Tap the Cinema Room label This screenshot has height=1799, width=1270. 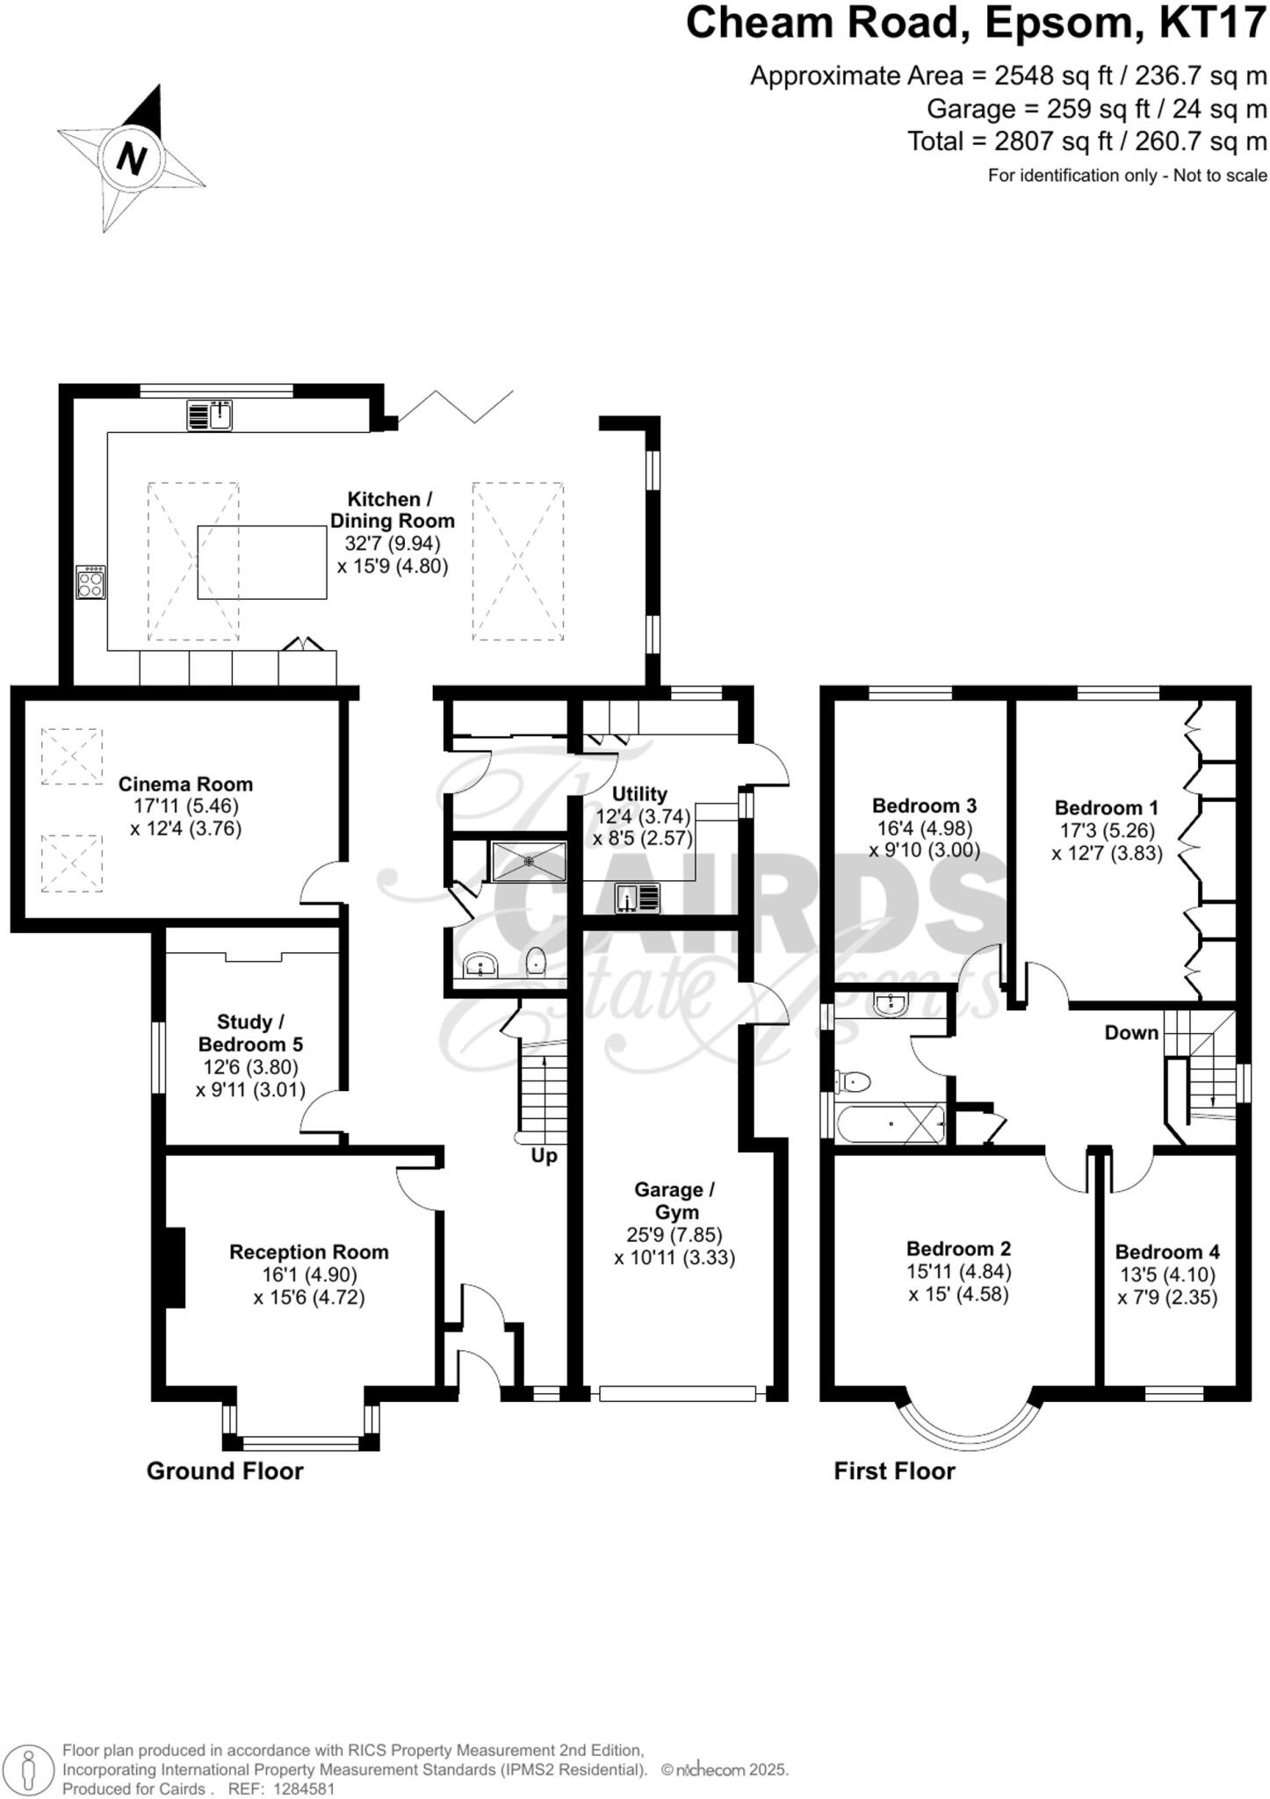click(x=185, y=784)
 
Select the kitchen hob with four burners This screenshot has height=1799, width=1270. click(x=90, y=582)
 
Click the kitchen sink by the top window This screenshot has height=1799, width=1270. click(x=209, y=415)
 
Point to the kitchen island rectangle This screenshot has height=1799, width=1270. click(x=262, y=562)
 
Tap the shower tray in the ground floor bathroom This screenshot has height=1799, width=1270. click(x=529, y=861)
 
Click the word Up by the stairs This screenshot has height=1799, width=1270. click(x=544, y=1156)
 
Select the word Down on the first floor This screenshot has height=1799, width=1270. click(x=1131, y=1032)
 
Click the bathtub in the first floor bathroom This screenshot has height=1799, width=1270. click(x=890, y=1123)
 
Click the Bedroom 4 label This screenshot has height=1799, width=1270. click(x=1167, y=1252)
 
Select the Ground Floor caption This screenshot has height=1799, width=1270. click(x=225, y=1471)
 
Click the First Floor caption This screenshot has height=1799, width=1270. click(x=894, y=1471)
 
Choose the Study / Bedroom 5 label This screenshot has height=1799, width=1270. click(x=250, y=1033)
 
